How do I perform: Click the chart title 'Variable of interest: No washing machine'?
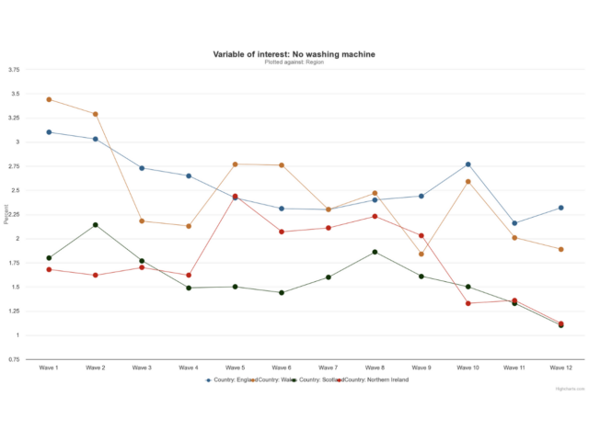pos(294,54)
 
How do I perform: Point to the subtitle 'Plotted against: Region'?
pos(294,62)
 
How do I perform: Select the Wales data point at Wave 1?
pos(49,99)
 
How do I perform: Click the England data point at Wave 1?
pos(49,132)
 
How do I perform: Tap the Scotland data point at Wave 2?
pos(95,225)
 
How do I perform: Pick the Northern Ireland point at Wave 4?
pos(188,275)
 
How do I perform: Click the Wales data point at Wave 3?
pos(142,220)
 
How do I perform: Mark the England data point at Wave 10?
pos(468,164)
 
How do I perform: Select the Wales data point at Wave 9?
pos(422,254)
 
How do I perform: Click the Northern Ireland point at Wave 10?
pos(468,303)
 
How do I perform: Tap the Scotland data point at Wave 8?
pos(375,252)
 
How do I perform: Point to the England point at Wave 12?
pos(560,208)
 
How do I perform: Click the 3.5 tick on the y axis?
pos(15,94)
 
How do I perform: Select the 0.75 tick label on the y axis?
pos(14,359)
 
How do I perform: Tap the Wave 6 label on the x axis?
pos(282,367)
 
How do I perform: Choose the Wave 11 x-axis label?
pos(514,367)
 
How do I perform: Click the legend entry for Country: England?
pos(230,379)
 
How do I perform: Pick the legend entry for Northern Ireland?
pos(375,379)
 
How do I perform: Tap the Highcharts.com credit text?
pos(571,390)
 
